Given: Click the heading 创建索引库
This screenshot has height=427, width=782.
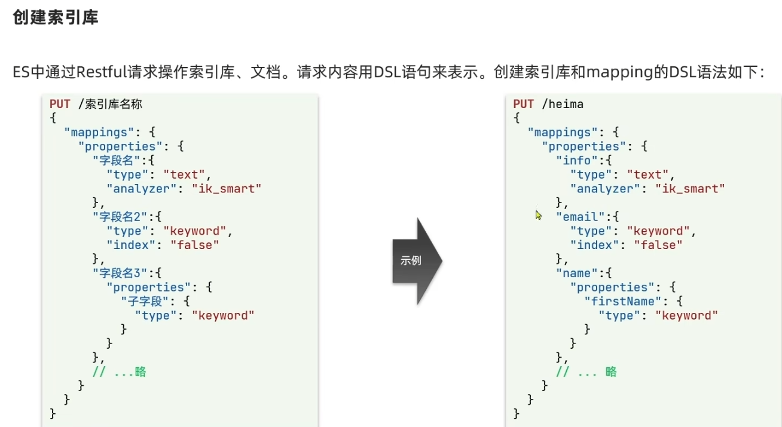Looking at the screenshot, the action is click(56, 17).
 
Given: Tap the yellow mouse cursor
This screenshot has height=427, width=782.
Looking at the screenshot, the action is click(538, 215).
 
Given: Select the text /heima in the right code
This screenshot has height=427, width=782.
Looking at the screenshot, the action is click(563, 104).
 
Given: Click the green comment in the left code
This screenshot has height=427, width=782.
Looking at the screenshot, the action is click(120, 371).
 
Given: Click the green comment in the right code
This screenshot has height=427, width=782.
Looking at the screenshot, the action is click(586, 371).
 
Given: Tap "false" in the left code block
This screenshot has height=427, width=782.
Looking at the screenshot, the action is click(195, 245).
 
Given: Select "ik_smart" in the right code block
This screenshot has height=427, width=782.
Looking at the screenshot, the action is click(690, 189).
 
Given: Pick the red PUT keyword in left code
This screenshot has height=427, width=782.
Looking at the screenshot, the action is click(60, 104).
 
